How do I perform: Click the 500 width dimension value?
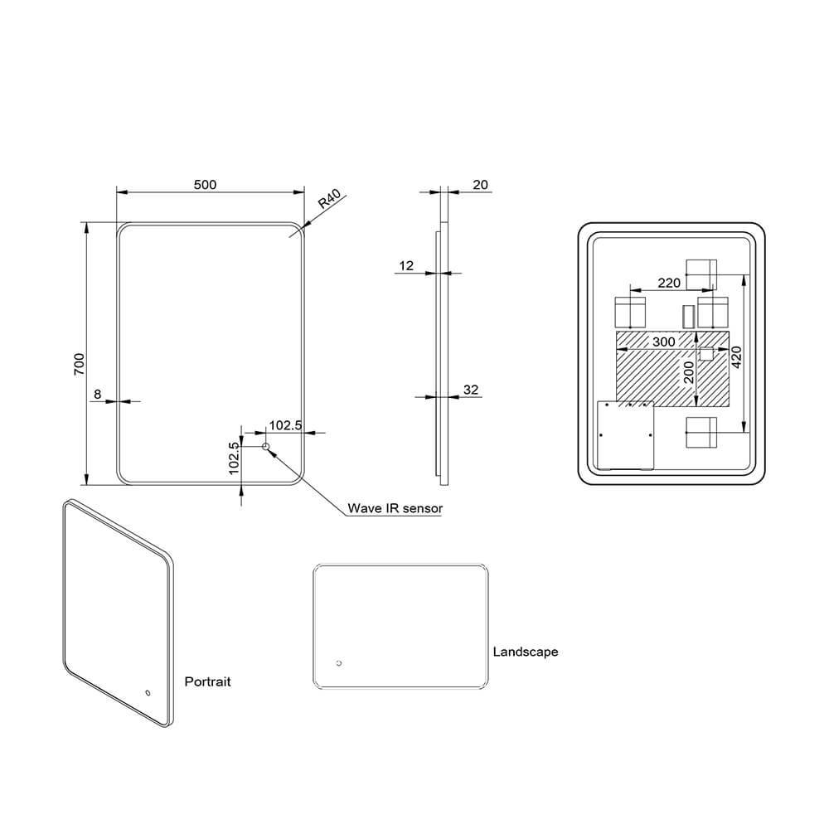tap(205, 185)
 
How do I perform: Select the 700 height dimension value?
tap(80, 364)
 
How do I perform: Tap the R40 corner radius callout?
tap(329, 201)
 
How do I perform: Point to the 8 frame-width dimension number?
tap(98, 395)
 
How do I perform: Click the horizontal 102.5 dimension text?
tap(285, 425)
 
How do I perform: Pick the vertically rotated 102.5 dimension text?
tap(235, 456)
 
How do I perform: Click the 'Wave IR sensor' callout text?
tap(395, 508)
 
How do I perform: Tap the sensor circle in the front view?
tap(267, 448)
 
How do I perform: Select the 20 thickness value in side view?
tap(480, 185)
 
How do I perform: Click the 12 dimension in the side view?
tap(406, 266)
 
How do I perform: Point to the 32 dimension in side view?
tap(472, 390)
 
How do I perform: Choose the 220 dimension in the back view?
tap(669, 283)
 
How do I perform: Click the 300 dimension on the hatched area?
tap(663, 342)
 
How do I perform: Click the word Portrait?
tap(207, 681)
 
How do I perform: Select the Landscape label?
tap(526, 652)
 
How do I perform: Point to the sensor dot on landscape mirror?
tap(338, 663)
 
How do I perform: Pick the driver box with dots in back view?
tap(626, 434)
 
